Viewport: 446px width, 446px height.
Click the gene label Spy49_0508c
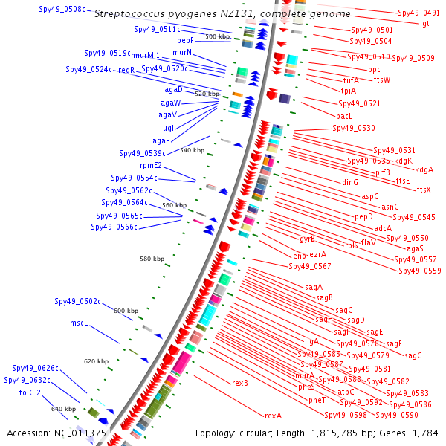pyautogui.click(x=62, y=9)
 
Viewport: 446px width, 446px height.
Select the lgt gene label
pyautogui.click(x=424, y=23)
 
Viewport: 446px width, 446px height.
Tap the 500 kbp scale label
pyautogui.click(x=218, y=36)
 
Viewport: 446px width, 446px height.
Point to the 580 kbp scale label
pyautogui.click(x=152, y=259)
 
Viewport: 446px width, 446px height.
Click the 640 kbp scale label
pyautogui.click(x=63, y=409)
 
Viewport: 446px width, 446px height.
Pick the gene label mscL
pyautogui.click(x=79, y=323)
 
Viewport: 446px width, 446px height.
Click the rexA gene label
pyautogui.click(x=274, y=416)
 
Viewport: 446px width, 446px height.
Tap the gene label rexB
pyautogui.click(x=239, y=384)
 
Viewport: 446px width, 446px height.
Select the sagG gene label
pyautogui.click(x=413, y=355)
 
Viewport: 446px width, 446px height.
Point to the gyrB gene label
pyautogui.click(x=307, y=239)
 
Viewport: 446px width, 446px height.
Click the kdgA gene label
pyautogui.click(x=424, y=169)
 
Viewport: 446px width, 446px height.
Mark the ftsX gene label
pyautogui.click(x=424, y=190)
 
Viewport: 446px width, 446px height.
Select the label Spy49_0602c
pyautogui.click(x=77, y=301)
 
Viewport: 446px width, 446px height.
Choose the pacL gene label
pyautogui.click(x=344, y=116)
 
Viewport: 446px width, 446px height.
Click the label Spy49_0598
pyautogui.click(x=346, y=415)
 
